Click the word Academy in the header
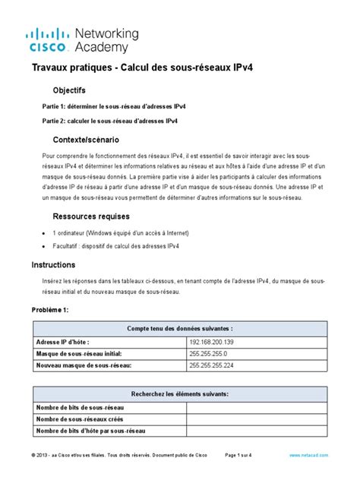tap(102, 47)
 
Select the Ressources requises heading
tap(97, 216)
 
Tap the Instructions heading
tap(53, 265)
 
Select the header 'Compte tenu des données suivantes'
tap(179, 327)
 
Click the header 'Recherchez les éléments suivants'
tap(179, 393)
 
